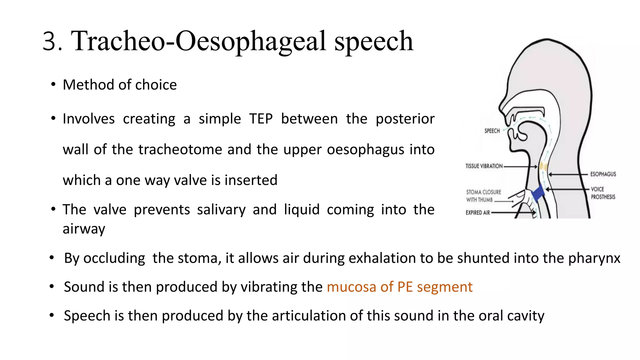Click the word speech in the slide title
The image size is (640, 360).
(374, 42)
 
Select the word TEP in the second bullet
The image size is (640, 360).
(261, 119)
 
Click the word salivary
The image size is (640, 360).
(221, 210)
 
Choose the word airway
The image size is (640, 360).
(84, 229)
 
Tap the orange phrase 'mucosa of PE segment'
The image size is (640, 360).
(399, 287)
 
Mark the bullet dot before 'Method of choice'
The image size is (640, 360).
(53, 85)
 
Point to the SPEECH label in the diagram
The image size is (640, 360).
(492, 131)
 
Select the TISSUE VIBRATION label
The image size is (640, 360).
(484, 166)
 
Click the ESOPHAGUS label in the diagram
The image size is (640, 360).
(603, 174)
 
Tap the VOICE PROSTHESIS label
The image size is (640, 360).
(602, 193)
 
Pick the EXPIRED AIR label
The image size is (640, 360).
(477, 213)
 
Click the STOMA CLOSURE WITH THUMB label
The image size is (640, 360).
(483, 196)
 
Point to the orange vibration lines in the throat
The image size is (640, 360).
(543, 166)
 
